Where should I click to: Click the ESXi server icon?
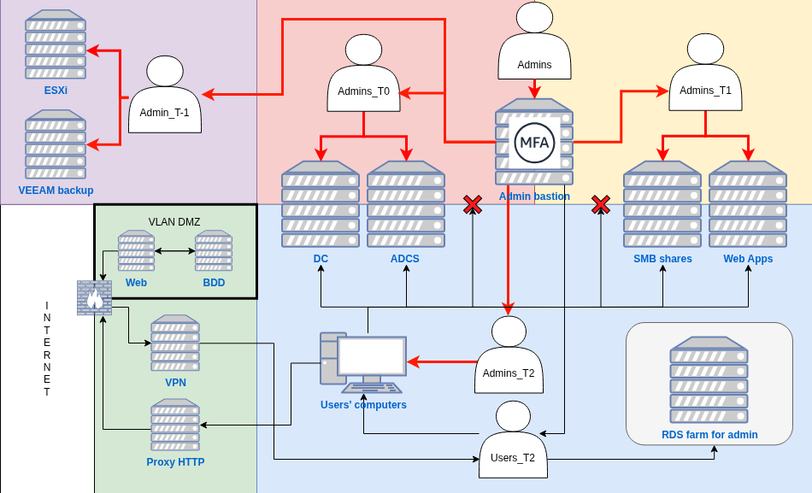coord(56,44)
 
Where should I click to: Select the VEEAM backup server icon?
coord(56,144)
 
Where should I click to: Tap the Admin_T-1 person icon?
coord(165,96)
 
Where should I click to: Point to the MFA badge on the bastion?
coord(535,143)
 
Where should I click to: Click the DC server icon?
coord(321,203)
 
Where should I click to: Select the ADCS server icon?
coord(406,203)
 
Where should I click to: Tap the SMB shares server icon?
coord(662,203)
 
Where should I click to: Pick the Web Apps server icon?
coord(748,203)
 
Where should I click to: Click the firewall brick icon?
coord(94,297)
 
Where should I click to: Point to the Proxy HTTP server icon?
coord(175,425)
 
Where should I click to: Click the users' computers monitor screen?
coord(372,355)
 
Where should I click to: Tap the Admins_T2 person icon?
coord(509,355)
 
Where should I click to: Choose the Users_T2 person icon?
coord(513,438)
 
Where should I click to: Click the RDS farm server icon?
coord(709,380)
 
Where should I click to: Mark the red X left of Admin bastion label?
coord(473,204)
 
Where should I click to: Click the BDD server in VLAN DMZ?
coord(214,250)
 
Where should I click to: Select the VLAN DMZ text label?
coord(174,222)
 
